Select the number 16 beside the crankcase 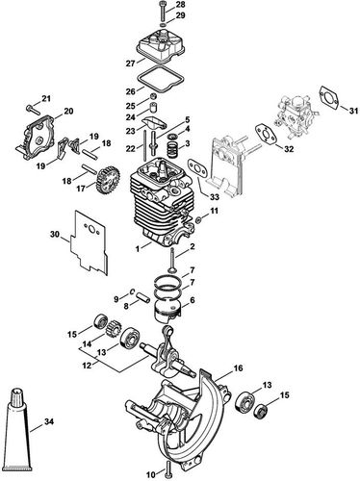coord(237,367)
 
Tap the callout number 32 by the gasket coord(287,150)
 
